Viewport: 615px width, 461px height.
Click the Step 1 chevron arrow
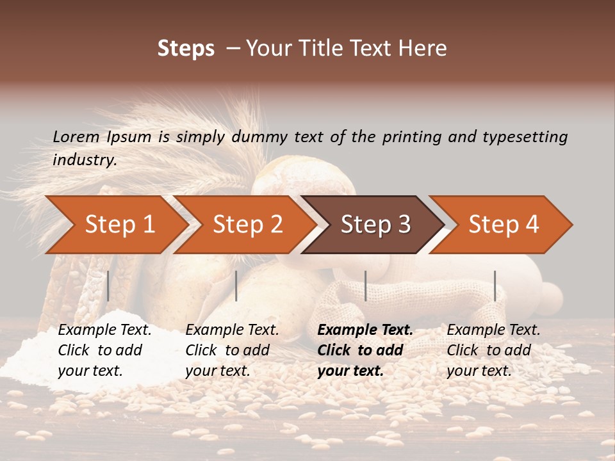tap(115, 225)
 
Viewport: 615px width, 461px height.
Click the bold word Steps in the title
tap(186, 49)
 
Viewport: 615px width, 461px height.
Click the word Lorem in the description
tap(76, 137)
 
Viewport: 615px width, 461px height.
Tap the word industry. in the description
tap(85, 160)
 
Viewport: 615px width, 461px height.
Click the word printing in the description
tap(411, 137)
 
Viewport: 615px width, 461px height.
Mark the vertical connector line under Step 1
tap(108, 286)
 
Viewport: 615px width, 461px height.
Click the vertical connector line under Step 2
tap(236, 286)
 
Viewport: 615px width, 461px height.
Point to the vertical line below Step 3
tap(366, 286)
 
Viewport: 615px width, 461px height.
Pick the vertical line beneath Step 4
tap(495, 286)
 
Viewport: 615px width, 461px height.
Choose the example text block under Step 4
tap(493, 350)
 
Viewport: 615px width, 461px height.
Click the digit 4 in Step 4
tap(532, 225)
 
